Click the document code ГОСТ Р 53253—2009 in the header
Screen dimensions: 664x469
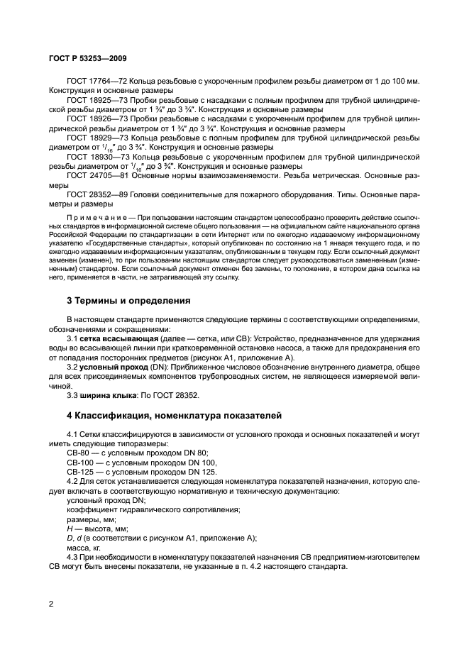(88, 58)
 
